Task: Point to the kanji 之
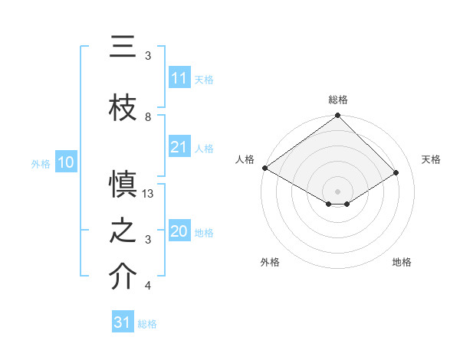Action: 122,231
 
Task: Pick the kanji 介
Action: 122,277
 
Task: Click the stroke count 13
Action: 149,194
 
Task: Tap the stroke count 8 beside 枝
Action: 148,117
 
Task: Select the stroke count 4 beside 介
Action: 148,286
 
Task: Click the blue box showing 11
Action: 179,78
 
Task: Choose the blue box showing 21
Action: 179,147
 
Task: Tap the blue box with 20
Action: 179,231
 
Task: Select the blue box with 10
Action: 66,162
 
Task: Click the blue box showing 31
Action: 123,322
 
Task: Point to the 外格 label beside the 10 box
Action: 41,163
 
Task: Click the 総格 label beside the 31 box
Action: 147,324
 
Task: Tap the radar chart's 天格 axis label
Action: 431,159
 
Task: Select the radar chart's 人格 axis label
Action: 245,159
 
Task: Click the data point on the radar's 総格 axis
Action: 337,116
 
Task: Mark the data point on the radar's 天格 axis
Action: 396,173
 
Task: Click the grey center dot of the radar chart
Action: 337,191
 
